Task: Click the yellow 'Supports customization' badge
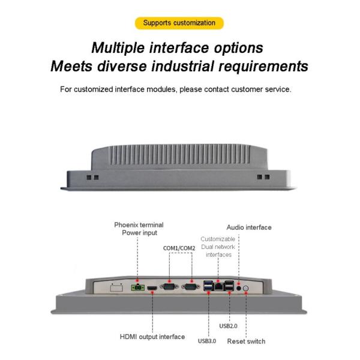tap(179, 23)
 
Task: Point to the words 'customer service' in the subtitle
tap(263, 89)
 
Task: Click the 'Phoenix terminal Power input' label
tap(139, 229)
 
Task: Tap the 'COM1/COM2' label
tap(179, 248)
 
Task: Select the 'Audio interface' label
tap(248, 227)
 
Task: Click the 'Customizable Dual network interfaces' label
tap(218, 247)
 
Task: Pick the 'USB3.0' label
tap(208, 341)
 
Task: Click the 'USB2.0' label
tap(229, 326)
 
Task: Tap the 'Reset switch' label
tap(246, 341)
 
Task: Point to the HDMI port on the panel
tap(152, 289)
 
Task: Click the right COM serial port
tap(192, 288)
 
